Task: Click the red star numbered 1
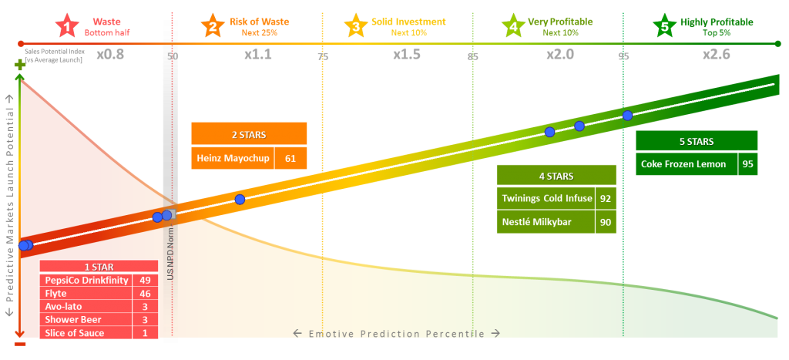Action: point(68,27)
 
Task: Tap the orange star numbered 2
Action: point(213,27)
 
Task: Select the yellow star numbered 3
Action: point(355,27)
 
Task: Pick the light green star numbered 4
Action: point(513,27)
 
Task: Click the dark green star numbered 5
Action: point(664,27)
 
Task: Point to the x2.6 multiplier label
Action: point(717,55)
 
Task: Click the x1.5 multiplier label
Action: point(407,55)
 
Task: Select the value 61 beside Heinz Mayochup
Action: point(290,159)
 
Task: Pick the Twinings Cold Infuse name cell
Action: point(546,199)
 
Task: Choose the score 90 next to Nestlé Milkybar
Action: point(606,222)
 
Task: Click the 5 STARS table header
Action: point(697,142)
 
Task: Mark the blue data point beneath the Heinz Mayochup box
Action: point(240,200)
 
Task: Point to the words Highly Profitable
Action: point(717,22)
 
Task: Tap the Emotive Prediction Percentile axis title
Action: point(397,334)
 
